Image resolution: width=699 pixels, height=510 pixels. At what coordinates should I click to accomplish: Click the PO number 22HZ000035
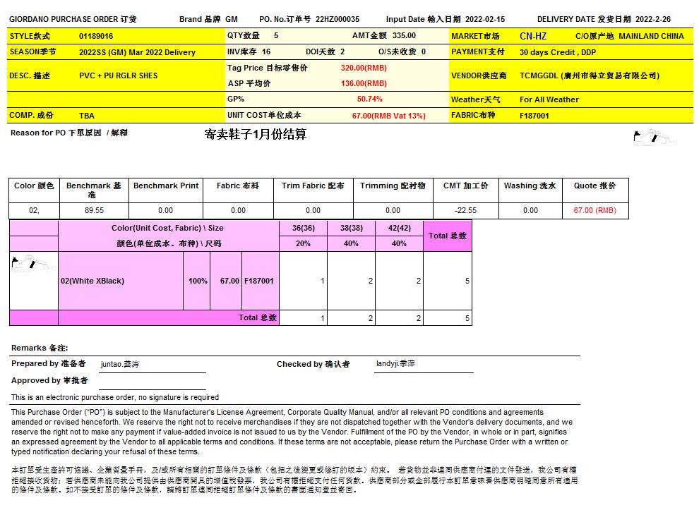(337, 20)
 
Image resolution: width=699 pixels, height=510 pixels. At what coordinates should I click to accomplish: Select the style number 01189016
(96, 36)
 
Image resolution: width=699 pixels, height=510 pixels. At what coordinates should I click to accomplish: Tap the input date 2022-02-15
(486, 20)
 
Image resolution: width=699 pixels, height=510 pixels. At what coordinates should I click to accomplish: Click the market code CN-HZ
(533, 36)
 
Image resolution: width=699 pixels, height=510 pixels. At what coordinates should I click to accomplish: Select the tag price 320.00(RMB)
(364, 68)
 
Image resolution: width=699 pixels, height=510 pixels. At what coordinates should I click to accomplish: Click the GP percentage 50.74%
(369, 99)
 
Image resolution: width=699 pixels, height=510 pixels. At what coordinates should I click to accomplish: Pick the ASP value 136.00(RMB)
(364, 83)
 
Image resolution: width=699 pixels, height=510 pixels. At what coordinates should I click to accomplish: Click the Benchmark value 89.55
(94, 210)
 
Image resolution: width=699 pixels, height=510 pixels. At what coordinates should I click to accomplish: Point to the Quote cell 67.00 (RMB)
(595, 210)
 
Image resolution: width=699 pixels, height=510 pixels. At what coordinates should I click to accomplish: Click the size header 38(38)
(351, 229)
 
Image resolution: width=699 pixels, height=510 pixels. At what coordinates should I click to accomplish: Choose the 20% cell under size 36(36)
(303, 243)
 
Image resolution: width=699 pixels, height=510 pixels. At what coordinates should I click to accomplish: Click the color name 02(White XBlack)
(92, 281)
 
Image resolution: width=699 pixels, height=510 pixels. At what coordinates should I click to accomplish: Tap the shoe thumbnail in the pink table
(33, 264)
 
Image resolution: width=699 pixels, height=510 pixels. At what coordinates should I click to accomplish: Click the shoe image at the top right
(654, 135)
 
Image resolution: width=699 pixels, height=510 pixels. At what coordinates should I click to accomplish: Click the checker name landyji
(395, 364)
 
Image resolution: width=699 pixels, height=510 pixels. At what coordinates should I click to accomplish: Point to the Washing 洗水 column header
(530, 186)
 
